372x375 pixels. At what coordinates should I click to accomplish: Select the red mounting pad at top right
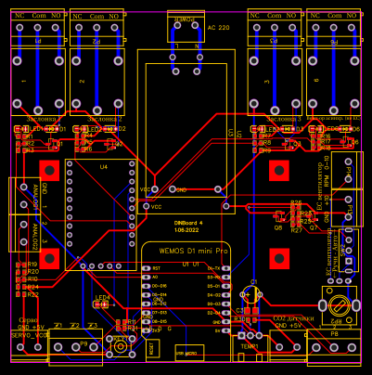277,170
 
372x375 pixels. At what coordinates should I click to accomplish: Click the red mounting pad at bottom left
48,257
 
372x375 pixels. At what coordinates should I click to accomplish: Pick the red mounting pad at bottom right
277,257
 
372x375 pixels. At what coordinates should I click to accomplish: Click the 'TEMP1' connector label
250,344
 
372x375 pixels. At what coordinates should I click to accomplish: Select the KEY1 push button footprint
120,347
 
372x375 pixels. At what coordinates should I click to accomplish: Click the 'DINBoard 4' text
187,222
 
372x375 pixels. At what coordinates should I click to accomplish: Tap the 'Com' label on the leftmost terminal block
39,17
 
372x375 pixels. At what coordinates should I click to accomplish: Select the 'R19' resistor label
32,263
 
